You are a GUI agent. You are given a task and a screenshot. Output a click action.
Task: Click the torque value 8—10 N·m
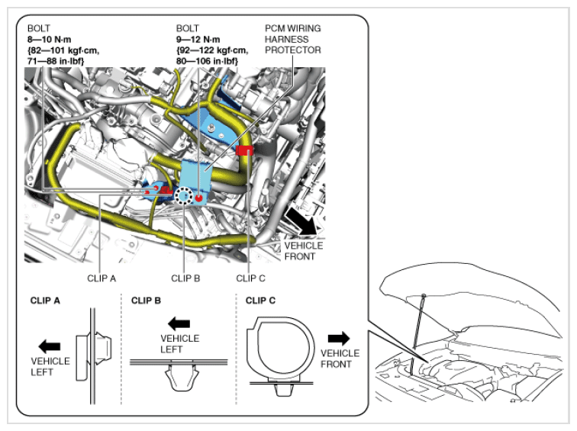point(49,40)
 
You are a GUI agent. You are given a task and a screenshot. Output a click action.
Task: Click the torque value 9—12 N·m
point(198,40)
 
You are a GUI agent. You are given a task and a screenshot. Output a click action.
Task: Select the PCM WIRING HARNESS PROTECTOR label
point(292,39)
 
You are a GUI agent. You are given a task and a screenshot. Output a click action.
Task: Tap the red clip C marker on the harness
point(244,150)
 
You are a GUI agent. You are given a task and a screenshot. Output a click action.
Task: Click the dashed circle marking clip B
point(183,195)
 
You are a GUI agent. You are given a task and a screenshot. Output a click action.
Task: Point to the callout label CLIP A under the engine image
point(102,278)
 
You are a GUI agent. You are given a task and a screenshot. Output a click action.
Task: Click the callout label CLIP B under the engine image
point(185,278)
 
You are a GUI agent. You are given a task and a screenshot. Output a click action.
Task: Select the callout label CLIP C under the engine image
point(250,278)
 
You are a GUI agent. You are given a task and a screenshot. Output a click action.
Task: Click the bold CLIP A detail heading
point(45,301)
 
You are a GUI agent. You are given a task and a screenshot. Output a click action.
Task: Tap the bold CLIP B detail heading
point(146,301)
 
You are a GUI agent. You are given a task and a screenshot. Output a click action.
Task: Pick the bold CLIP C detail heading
point(260,301)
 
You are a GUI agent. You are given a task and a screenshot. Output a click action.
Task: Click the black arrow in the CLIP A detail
point(50,346)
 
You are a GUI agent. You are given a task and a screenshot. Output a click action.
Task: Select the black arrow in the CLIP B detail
point(179,324)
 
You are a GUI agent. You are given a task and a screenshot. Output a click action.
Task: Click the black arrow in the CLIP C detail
point(339,339)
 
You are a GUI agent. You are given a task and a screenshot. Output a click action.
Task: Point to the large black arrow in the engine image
point(301,221)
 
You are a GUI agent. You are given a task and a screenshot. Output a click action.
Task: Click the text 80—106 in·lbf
point(206,61)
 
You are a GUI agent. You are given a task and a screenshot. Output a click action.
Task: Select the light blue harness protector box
point(195,177)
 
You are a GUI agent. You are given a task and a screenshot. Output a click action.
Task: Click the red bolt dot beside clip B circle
point(199,198)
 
